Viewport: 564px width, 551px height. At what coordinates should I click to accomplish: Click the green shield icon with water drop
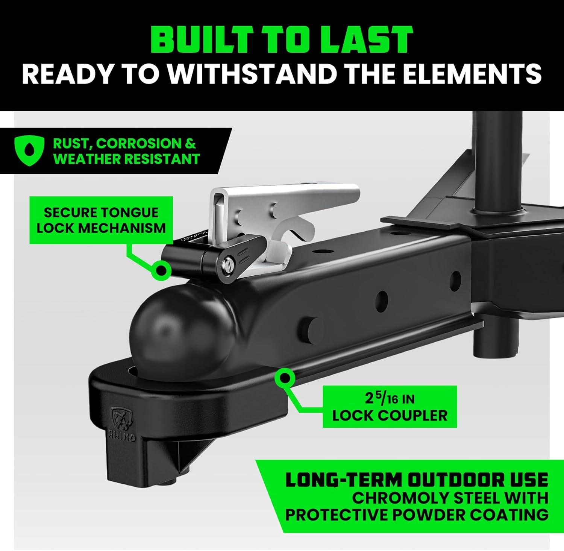(29, 150)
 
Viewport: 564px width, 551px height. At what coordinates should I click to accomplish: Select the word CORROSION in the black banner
(141, 143)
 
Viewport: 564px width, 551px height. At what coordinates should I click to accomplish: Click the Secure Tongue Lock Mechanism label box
(101, 220)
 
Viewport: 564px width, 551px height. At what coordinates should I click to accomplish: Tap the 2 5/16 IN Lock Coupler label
(390, 407)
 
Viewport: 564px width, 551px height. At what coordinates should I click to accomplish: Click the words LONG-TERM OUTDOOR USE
(416, 480)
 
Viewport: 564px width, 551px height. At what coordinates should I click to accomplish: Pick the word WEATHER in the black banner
(88, 159)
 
